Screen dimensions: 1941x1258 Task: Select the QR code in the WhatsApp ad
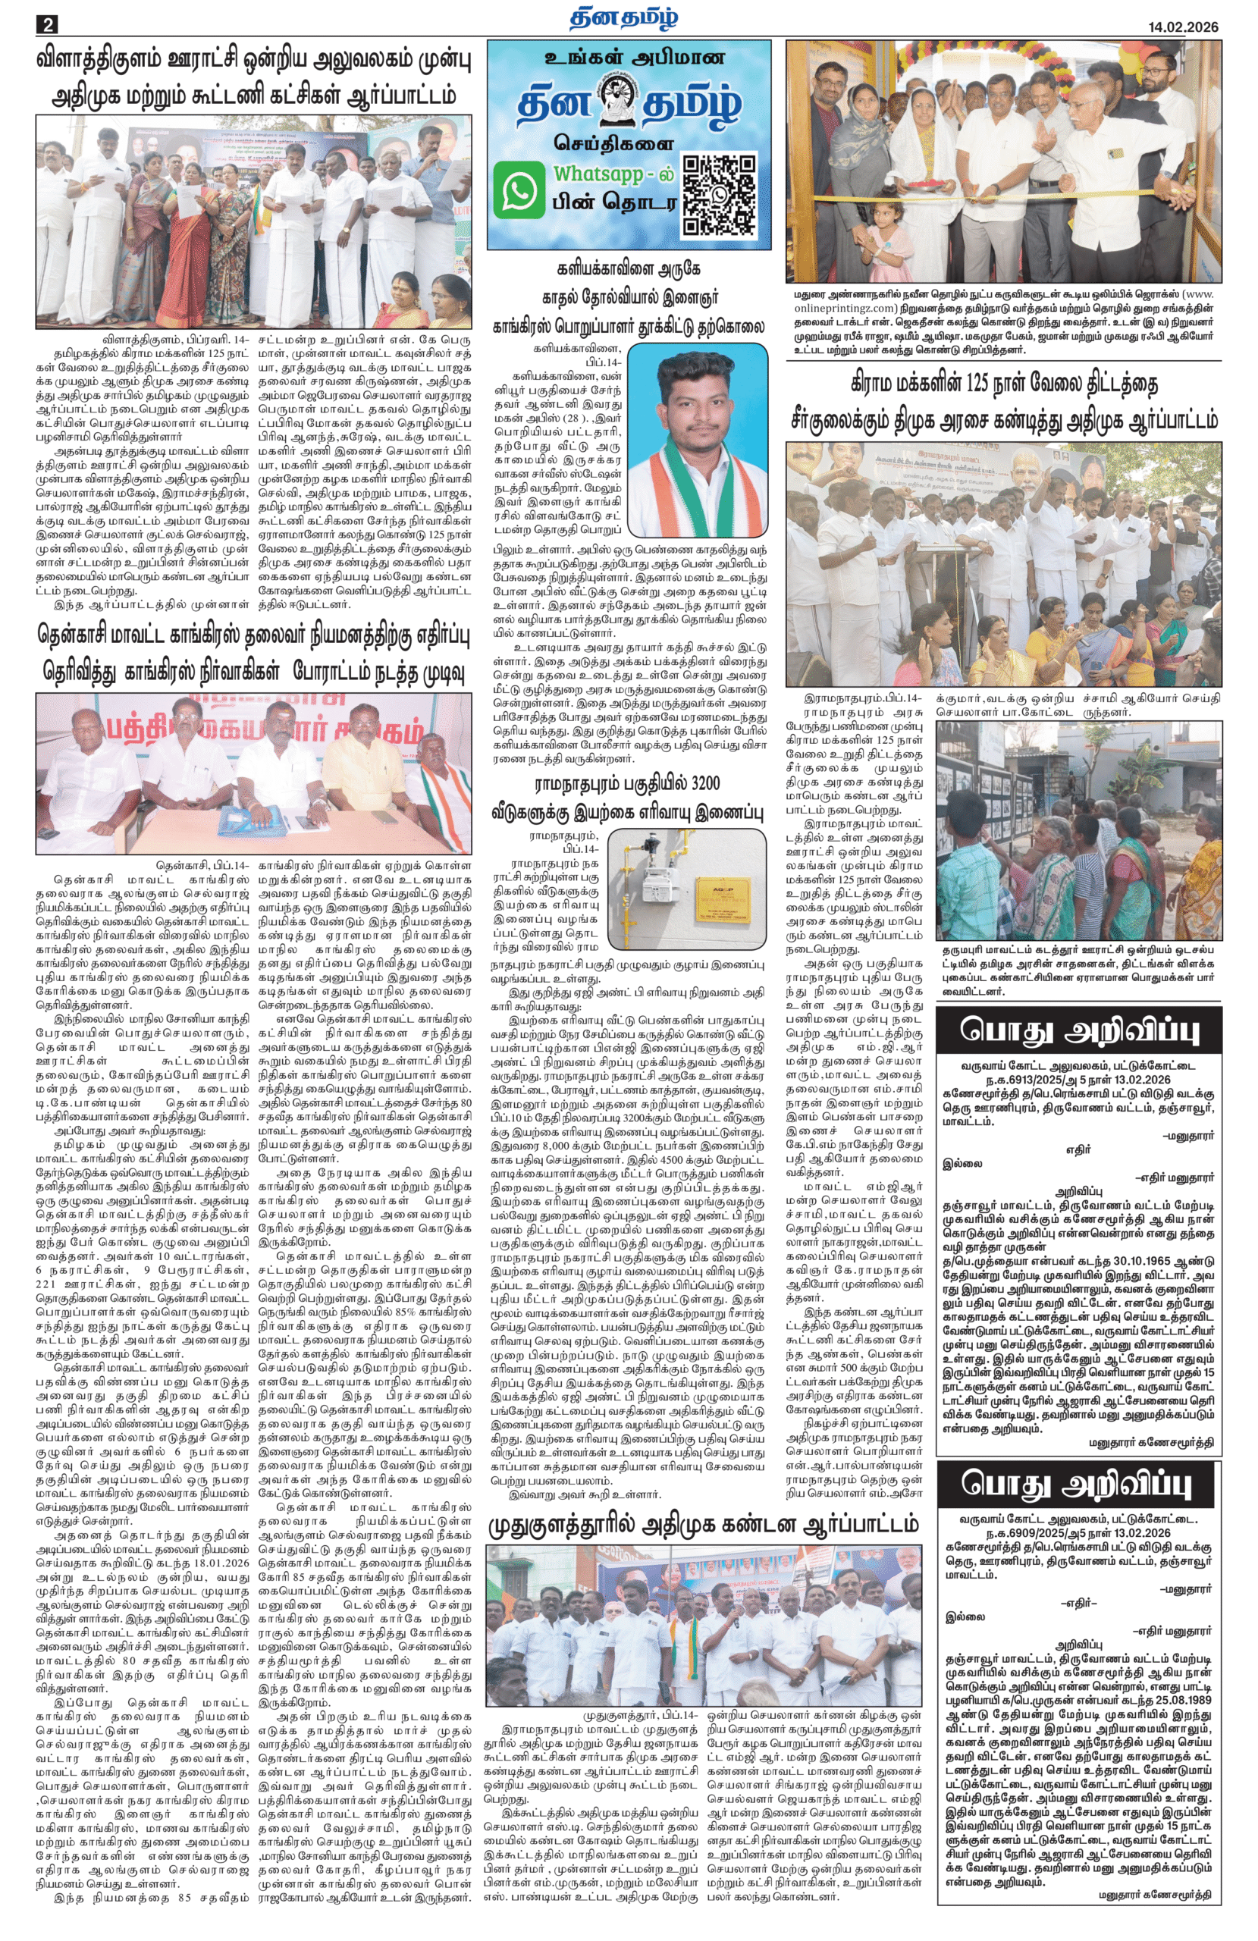click(718, 196)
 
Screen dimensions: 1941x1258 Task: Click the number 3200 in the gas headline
click(696, 785)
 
